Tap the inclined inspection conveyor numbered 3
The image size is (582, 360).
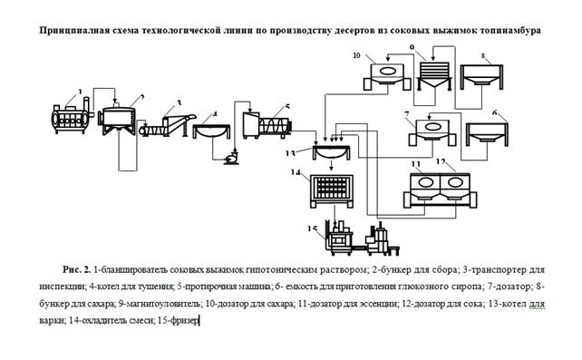166,126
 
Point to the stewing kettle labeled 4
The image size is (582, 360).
212,131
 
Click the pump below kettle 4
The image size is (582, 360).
232,158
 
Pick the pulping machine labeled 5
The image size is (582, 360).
267,125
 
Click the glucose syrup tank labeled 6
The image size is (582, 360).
487,134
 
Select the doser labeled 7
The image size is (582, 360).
432,131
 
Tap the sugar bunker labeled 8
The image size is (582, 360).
481,76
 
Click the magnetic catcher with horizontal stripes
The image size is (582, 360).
434,76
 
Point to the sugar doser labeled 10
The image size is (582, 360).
387,76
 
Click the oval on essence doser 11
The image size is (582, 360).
425,182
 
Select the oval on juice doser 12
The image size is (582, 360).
455,182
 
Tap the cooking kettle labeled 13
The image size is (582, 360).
331,152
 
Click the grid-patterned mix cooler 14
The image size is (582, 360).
332,190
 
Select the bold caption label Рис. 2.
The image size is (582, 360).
76,269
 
